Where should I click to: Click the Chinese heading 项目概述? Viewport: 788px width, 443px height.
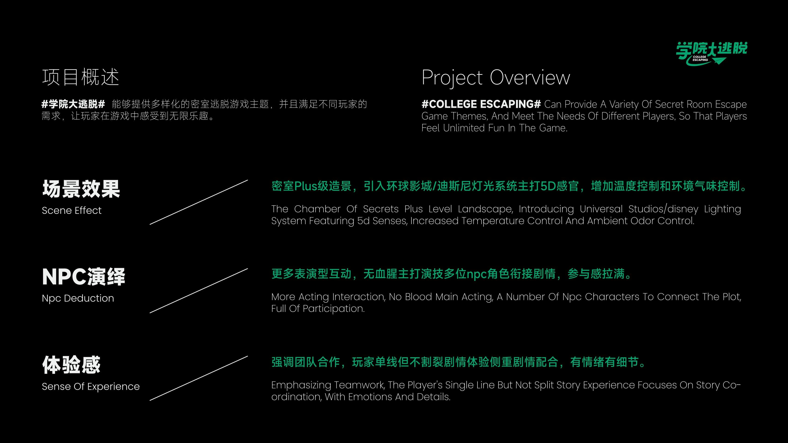(x=80, y=77)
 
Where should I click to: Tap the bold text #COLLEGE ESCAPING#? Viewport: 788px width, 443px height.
(x=481, y=104)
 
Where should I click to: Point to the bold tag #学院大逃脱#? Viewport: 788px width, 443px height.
(x=73, y=104)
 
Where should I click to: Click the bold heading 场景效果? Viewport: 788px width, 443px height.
(x=81, y=189)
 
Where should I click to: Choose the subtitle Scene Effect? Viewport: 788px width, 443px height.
(x=72, y=210)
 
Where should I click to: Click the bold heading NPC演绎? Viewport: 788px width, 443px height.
(x=84, y=277)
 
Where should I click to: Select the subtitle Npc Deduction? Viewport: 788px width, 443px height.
(x=78, y=298)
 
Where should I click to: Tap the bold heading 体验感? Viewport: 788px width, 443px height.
(x=71, y=365)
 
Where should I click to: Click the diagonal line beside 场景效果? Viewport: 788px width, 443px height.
(x=199, y=202)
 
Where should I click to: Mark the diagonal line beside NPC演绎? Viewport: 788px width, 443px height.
(x=199, y=291)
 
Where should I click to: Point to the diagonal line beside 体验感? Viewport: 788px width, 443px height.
(x=199, y=378)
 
